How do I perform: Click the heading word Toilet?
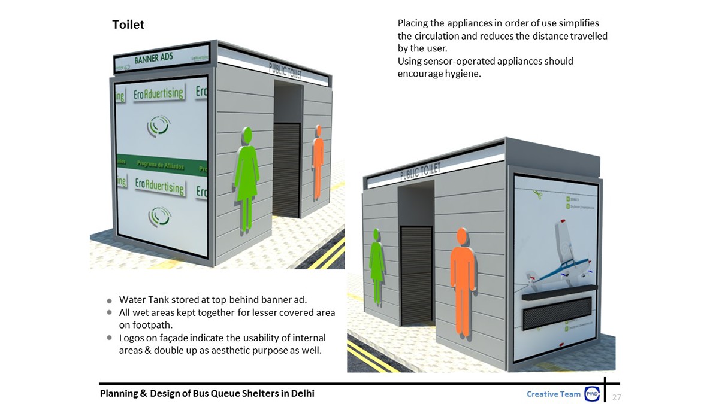pyautogui.click(x=128, y=25)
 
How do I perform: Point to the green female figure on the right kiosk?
pyautogui.click(x=377, y=264)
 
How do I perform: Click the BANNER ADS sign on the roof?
pyautogui.click(x=153, y=59)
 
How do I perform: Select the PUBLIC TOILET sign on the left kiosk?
pyautogui.click(x=285, y=71)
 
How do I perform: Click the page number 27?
pyautogui.click(x=617, y=397)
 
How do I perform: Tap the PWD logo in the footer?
pyautogui.click(x=593, y=394)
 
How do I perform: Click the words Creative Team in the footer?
pyautogui.click(x=553, y=394)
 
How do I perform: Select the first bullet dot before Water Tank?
pyautogui.click(x=109, y=300)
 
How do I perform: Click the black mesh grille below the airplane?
pyautogui.click(x=557, y=312)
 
